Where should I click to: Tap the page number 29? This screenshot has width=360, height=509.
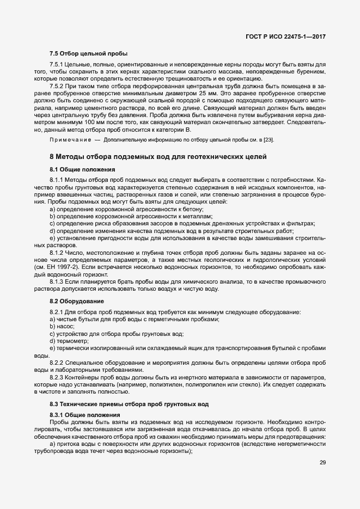click(x=323, y=463)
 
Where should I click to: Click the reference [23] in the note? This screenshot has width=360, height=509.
click(x=268, y=140)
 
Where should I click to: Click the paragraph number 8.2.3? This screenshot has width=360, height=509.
click(x=57, y=377)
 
